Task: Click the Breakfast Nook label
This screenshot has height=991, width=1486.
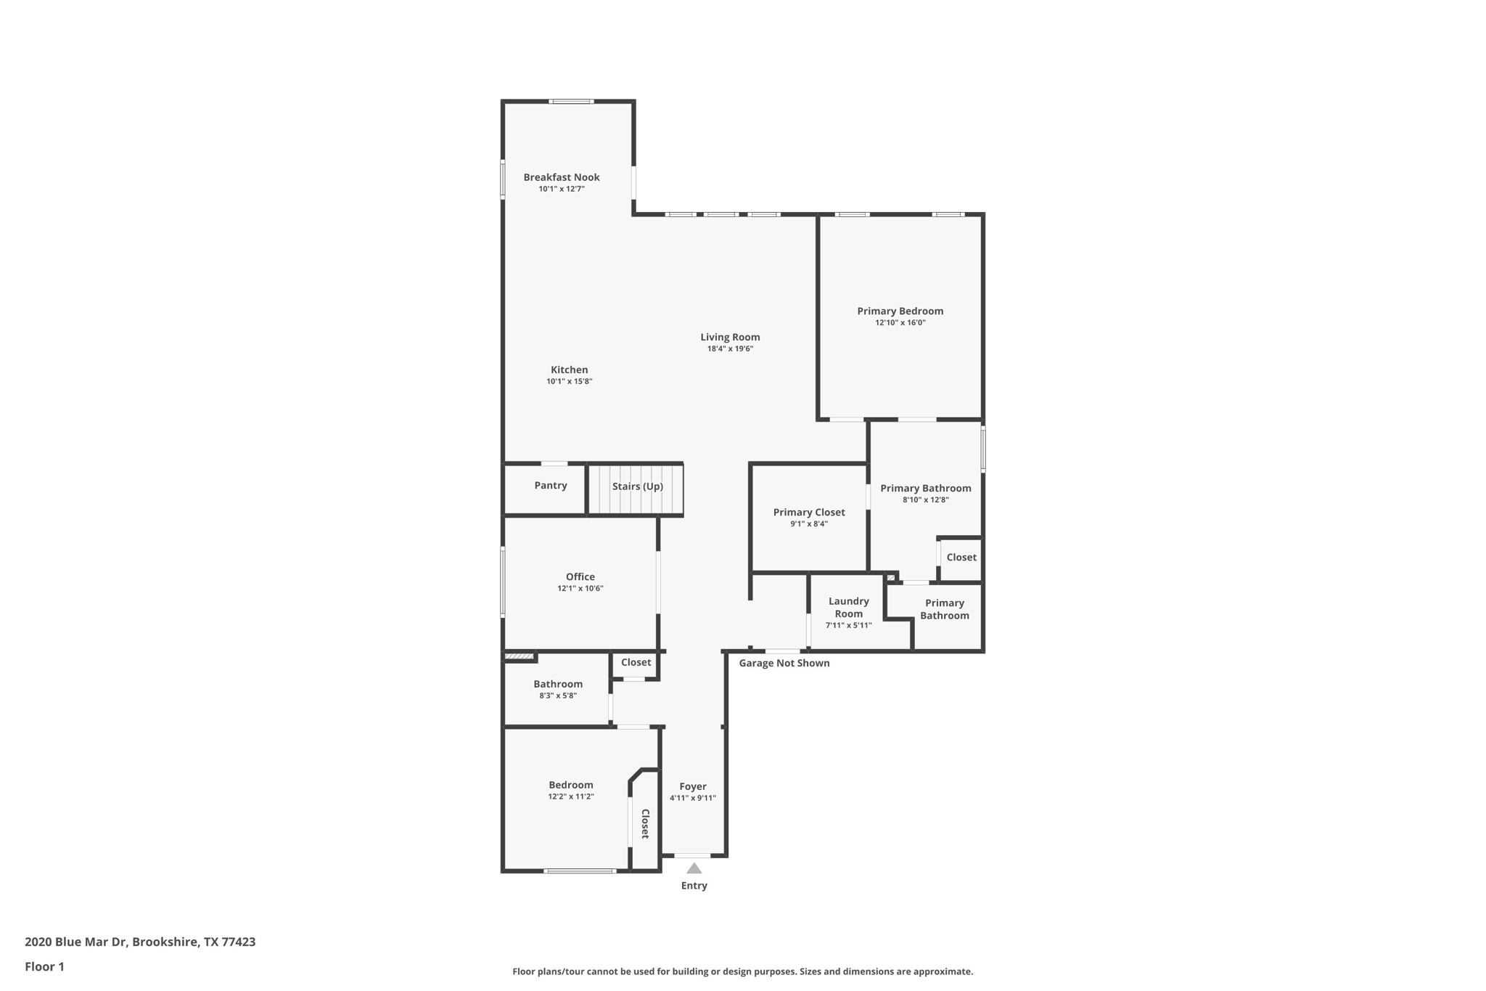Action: coord(561,177)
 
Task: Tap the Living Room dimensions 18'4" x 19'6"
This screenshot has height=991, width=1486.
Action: coord(730,348)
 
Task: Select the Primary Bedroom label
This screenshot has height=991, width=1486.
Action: coord(900,311)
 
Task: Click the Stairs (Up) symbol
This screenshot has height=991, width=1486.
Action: coord(636,487)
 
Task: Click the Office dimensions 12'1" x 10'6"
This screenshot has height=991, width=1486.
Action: coord(580,589)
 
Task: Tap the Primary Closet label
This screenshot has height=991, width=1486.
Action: coord(808,512)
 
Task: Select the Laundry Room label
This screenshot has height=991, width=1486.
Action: coord(848,607)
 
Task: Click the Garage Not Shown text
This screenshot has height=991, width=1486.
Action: coord(784,663)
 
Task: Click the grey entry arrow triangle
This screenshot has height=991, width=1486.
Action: coord(694,868)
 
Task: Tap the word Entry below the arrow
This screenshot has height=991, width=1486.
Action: coord(694,886)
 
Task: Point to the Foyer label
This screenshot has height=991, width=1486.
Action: coord(692,786)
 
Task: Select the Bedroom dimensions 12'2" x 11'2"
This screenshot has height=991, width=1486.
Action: coord(570,796)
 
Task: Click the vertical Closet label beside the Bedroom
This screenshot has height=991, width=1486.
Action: coord(644,823)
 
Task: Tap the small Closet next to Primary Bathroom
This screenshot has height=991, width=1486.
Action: coord(961,558)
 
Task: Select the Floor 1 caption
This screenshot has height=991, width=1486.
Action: coord(44,966)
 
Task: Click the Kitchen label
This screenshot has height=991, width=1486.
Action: coord(569,370)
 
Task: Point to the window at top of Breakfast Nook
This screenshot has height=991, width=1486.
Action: coord(571,102)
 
